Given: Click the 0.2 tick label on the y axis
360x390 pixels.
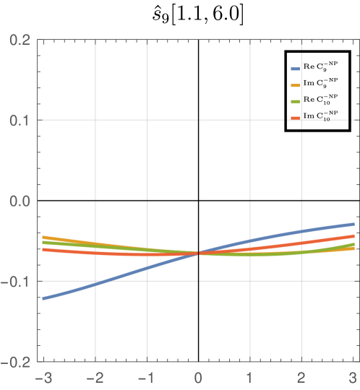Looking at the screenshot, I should point(20,39).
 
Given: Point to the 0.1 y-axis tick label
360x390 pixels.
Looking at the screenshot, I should point(20,120).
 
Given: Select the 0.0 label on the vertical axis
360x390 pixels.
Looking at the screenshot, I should point(20,200).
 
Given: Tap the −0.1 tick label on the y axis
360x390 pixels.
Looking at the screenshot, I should point(17,281).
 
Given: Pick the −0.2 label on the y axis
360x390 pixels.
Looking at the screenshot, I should point(17,361).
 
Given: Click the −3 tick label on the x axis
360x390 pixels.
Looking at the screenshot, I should point(44,377).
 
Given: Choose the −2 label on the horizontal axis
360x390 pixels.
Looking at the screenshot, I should point(95,377).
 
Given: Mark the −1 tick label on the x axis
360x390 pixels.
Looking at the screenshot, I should point(147,377).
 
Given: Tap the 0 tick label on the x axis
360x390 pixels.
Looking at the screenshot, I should point(198,377).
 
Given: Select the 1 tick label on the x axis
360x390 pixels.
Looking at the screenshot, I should point(249,377).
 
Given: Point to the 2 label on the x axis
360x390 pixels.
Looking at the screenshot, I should point(301,377).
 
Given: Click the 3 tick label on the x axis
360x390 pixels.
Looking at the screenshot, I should point(352,377).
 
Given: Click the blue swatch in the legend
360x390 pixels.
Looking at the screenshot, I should point(295,69).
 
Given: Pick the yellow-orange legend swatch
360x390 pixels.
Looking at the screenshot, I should point(295,85).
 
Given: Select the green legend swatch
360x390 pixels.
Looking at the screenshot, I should point(295,101).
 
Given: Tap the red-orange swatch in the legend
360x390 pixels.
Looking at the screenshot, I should point(295,118).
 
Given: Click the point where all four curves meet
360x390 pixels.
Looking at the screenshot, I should point(198,253).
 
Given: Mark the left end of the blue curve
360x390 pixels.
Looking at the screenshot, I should point(44,298).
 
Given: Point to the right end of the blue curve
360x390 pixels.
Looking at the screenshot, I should point(353,224).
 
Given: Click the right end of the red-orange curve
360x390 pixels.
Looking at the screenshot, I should point(353,235).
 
